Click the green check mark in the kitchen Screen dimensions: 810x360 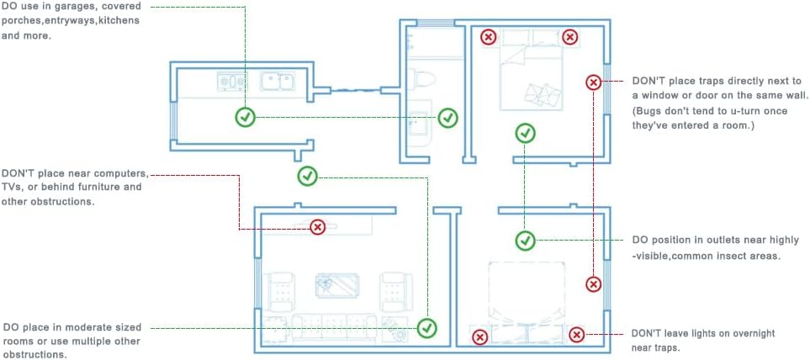(246, 117)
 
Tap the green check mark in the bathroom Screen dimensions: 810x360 (447, 117)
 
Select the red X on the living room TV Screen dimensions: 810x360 (318, 226)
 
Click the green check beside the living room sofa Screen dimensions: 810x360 (427, 327)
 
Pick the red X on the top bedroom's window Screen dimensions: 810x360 (594, 82)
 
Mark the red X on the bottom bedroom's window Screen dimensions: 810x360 (594, 283)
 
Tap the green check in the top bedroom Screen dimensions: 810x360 (526, 133)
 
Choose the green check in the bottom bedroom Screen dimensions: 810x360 (526, 240)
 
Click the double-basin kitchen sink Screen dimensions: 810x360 (278, 82)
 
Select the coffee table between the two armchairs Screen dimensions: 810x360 (338, 286)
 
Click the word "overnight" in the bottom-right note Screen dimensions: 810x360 (751, 334)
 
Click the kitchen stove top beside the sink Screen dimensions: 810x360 (232, 81)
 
